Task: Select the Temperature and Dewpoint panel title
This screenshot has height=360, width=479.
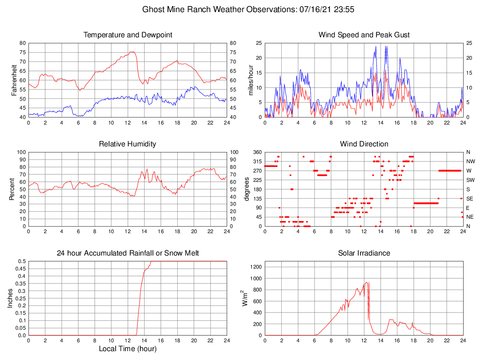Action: coord(128,35)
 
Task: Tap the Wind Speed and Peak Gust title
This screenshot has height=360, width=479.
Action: coord(364,35)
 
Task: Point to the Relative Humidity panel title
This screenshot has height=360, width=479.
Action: coord(128,144)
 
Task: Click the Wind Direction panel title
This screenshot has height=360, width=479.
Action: coord(364,144)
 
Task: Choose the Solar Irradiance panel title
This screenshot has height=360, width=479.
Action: coord(364,253)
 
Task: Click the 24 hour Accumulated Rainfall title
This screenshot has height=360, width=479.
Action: coord(128,253)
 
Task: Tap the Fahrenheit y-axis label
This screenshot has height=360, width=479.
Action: coord(14,80)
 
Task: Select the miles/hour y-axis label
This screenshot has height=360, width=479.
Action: coord(251,80)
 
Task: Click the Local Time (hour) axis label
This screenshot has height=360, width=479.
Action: coord(128,349)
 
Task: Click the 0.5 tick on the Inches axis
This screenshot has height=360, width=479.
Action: coord(21,261)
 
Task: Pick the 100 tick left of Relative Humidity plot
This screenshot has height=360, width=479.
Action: coord(21,152)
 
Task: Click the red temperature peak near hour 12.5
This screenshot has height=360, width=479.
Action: coord(132,52)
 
